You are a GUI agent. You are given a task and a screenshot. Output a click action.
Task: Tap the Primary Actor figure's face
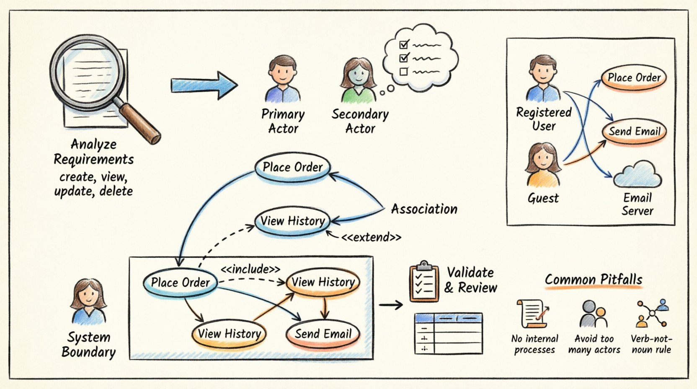[x=282, y=72]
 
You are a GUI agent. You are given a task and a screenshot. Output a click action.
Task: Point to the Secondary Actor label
[x=360, y=121]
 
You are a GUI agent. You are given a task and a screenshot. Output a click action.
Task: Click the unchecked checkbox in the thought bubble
[x=403, y=72]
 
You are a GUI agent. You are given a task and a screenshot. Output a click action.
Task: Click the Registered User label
[x=544, y=119]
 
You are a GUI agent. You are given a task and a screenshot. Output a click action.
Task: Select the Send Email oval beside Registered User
[x=634, y=131]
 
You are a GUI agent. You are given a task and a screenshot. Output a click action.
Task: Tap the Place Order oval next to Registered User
[x=633, y=78]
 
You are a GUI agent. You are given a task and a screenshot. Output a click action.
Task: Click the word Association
[x=424, y=209]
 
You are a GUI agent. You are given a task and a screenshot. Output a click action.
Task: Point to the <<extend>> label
[x=371, y=237]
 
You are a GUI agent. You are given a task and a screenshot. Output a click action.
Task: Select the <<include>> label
[x=250, y=269]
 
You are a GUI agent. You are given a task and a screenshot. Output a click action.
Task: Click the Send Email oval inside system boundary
[x=323, y=334]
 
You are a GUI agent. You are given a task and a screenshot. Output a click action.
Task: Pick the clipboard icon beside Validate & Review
[x=423, y=281]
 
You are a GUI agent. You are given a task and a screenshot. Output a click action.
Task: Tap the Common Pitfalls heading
[x=593, y=280]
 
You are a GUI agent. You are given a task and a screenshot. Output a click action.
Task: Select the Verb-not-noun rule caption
[x=651, y=344]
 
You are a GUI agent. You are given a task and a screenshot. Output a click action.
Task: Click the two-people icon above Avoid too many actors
[x=593, y=314]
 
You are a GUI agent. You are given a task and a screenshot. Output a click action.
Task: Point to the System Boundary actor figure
[x=88, y=302]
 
